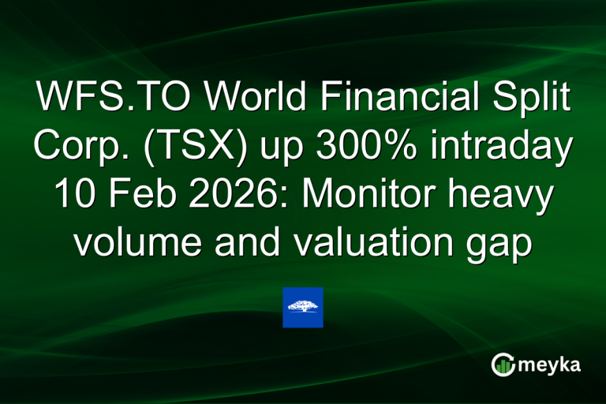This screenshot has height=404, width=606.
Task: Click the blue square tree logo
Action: point(303,308)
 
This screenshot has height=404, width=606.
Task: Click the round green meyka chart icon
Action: point(503,364)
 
